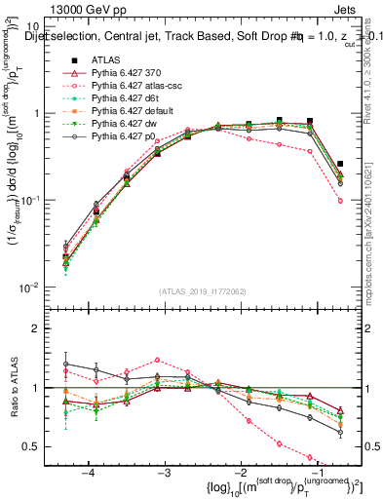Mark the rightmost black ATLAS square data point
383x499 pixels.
click(340, 165)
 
